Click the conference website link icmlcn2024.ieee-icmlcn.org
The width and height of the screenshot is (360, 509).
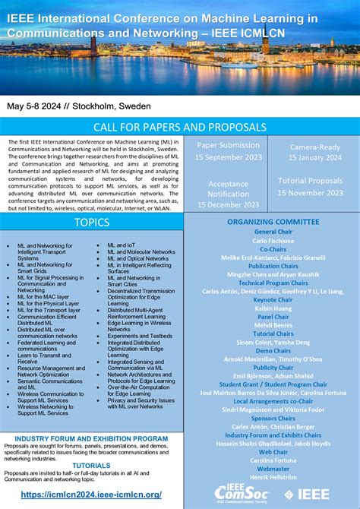tap(91, 495)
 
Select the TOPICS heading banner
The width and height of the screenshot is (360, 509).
tap(91, 222)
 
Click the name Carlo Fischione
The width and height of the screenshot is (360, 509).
tap(273, 240)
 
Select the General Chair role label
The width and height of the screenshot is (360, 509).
tap(273, 231)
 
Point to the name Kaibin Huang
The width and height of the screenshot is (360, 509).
tap(273, 308)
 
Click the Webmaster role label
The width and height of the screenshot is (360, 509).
tap(273, 469)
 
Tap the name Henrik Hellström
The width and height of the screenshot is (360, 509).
tap(273, 477)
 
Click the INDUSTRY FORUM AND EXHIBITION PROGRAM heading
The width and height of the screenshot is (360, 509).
tap(91, 438)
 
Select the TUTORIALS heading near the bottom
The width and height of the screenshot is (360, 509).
tap(91, 466)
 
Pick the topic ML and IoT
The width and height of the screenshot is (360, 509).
tap(122, 245)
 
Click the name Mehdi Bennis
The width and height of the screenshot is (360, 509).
tap(273, 325)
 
